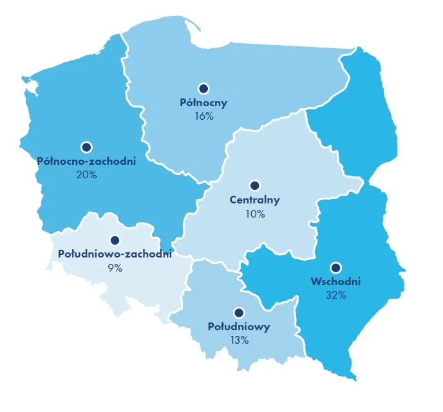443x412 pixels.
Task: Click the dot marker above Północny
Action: coord(203,88)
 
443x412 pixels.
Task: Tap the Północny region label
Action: coord(203,102)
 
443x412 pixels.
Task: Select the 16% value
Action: coord(203,117)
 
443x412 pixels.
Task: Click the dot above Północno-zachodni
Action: coord(86,147)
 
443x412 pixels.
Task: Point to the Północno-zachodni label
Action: coord(86,161)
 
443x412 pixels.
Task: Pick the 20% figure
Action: coord(86,175)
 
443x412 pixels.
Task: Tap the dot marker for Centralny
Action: coord(254,185)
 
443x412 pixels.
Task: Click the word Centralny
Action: coord(254,200)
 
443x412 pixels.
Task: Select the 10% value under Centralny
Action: coord(254,214)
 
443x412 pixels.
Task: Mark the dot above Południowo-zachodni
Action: coord(115,240)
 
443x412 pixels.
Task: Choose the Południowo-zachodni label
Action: coord(115,254)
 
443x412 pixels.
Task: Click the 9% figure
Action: coord(115,268)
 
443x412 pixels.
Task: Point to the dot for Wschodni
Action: coord(335,267)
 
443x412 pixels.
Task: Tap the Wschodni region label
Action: coord(335,281)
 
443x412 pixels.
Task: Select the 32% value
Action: coord(335,295)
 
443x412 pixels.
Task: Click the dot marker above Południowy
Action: coord(239,313)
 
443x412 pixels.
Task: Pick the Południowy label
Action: coord(239,326)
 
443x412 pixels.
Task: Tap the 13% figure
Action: coord(239,341)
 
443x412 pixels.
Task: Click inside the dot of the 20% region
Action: coord(86,147)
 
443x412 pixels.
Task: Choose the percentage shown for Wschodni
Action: coord(335,295)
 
